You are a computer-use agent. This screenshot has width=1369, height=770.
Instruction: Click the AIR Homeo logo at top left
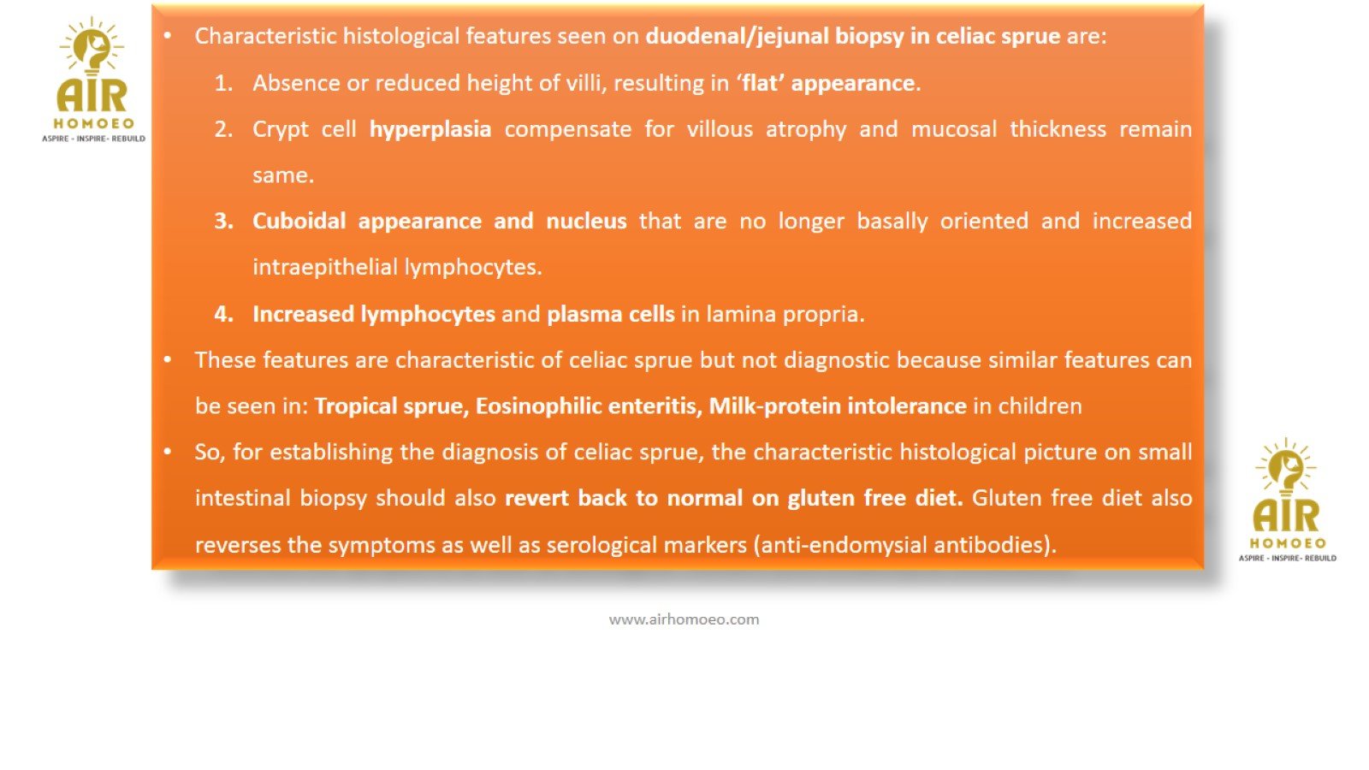[x=93, y=80]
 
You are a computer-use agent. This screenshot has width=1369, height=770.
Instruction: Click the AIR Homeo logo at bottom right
[x=1287, y=500]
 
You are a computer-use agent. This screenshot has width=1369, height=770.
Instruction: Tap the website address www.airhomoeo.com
[x=684, y=619]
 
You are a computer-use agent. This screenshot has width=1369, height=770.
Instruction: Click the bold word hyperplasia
[x=430, y=129]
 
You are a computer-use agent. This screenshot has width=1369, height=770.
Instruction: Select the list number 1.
[x=223, y=83]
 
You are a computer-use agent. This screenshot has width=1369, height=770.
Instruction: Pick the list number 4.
[x=223, y=314]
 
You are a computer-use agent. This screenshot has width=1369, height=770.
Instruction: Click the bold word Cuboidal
[x=299, y=221]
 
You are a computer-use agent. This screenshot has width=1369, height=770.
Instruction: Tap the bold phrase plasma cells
[x=611, y=314]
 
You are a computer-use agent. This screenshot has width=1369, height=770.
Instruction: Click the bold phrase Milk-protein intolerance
[x=838, y=406]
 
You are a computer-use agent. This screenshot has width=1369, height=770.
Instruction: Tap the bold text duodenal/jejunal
[x=737, y=37]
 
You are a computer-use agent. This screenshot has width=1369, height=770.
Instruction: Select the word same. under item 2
[x=283, y=176]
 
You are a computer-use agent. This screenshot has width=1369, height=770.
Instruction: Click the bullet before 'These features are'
[x=168, y=360]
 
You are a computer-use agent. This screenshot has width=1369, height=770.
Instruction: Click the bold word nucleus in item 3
[x=586, y=221]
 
